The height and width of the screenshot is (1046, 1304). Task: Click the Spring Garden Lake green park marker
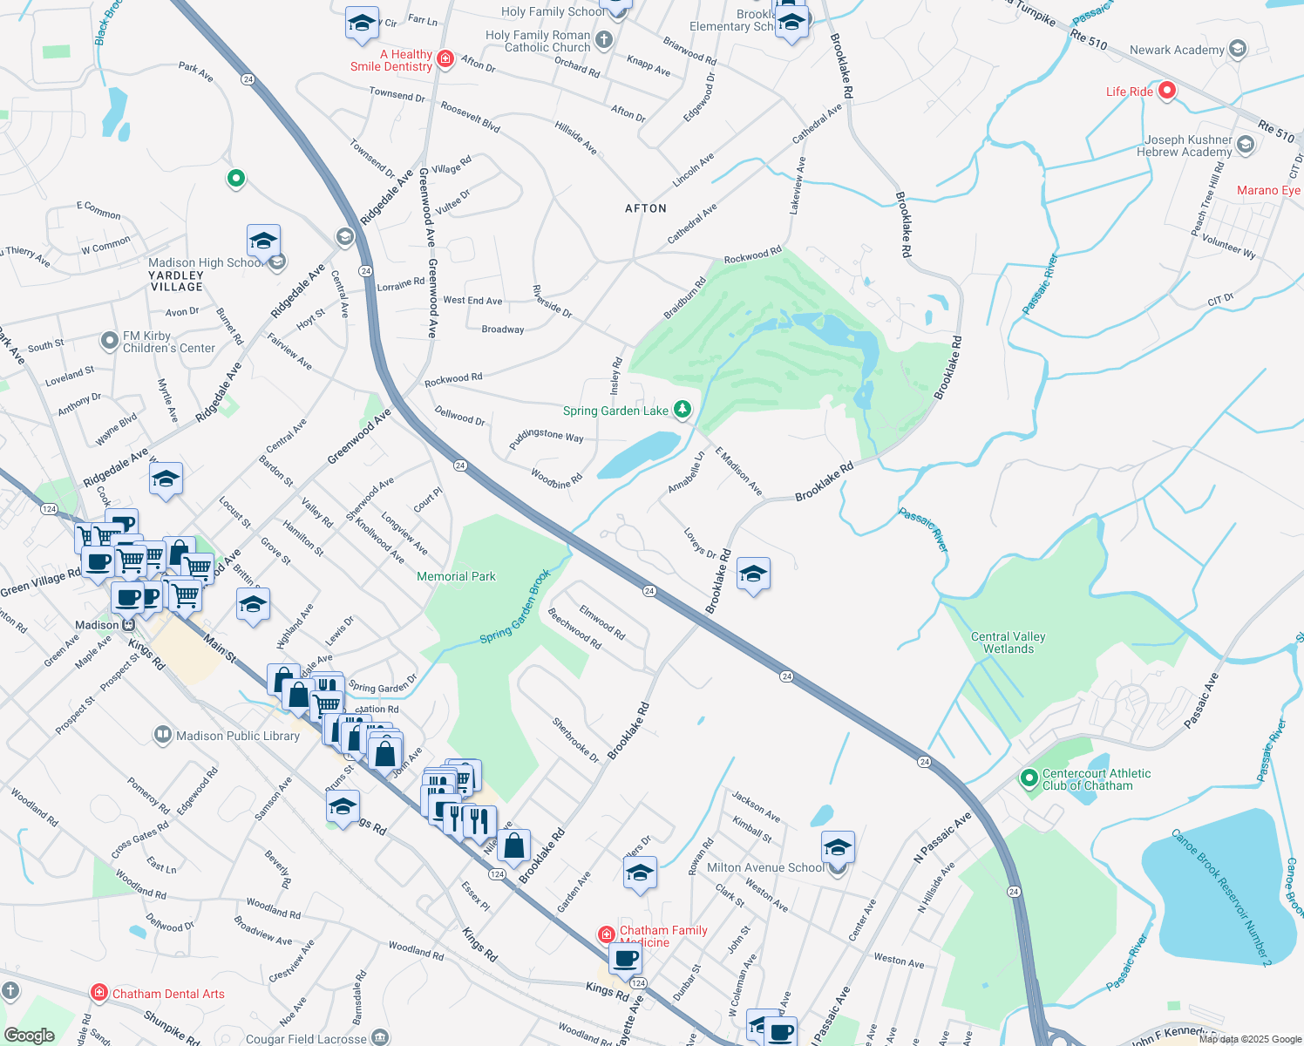coord(682,409)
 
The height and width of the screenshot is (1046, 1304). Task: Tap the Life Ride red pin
coord(1167,91)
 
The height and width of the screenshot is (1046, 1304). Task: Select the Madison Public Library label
coord(237,736)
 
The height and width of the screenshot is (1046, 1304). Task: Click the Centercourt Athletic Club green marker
coord(1029,777)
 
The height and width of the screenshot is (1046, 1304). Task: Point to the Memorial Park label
coord(456,576)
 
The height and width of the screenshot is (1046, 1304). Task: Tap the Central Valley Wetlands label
coord(1008,642)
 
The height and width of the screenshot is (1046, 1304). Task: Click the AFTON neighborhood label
coord(646,208)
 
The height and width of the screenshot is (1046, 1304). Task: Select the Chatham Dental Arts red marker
coord(100,993)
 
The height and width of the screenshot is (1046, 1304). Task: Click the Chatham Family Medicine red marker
coord(607,934)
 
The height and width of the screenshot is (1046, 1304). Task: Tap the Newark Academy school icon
coord(1237,50)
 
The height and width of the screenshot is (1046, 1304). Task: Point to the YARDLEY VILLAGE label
coord(176,281)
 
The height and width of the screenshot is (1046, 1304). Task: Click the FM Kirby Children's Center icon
coord(109,341)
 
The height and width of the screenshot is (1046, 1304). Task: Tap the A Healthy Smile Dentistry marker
coord(445,59)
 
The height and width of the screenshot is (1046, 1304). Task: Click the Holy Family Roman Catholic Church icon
coord(604,40)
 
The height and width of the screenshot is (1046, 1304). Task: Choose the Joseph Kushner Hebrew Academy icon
coord(1245,145)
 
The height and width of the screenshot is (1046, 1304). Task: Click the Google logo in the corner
coord(29,1035)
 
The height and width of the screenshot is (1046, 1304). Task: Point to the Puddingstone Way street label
coord(546,435)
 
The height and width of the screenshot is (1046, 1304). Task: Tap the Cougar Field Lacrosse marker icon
coord(380,1037)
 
